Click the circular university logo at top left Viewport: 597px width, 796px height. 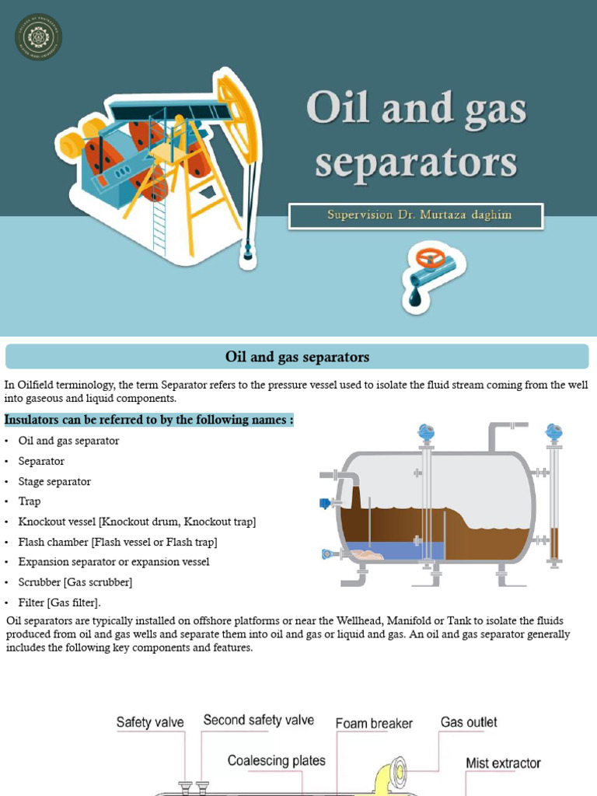(39, 37)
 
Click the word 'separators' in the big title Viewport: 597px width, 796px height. (416, 163)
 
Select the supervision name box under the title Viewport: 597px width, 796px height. (416, 215)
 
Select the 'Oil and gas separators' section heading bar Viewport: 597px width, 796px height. (298, 358)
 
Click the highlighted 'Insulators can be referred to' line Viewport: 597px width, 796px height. (149, 421)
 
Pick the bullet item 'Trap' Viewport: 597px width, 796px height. (30, 501)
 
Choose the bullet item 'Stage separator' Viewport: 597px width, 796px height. (54, 481)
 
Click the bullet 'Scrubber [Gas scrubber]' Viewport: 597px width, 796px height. (75, 582)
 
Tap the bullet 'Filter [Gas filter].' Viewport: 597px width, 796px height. (60, 602)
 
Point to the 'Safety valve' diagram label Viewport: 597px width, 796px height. (150, 722)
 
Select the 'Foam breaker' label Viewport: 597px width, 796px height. (374, 723)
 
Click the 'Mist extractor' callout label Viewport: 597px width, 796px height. (503, 763)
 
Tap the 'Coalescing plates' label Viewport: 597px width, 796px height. (277, 761)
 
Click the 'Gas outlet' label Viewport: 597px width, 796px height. (469, 722)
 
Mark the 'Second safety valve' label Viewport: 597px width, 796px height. (259, 720)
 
